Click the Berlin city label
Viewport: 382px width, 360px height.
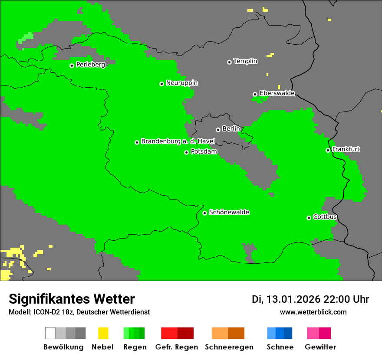231,129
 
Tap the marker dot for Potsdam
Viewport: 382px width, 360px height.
186,152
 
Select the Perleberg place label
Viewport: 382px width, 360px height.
90,65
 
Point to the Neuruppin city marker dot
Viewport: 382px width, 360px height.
161,84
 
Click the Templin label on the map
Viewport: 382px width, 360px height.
245,61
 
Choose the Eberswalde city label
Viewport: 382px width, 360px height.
277,93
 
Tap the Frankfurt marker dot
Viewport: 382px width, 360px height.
328,151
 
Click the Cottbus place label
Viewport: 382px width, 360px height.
325,217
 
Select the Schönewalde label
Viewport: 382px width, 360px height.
229,212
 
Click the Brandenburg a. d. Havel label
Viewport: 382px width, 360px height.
178,141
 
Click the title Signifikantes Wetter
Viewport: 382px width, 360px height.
72,299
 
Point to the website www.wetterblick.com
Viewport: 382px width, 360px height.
313,312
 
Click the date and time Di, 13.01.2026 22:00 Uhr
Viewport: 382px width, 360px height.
310,299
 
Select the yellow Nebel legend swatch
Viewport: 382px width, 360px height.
103,333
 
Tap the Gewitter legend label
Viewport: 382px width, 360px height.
320,347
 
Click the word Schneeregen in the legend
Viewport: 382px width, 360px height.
229,347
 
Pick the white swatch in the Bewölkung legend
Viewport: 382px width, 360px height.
50,333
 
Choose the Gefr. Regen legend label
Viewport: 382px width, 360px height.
176,347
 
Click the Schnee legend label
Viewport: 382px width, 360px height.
280,347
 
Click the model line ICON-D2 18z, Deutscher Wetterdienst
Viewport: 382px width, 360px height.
79,312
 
